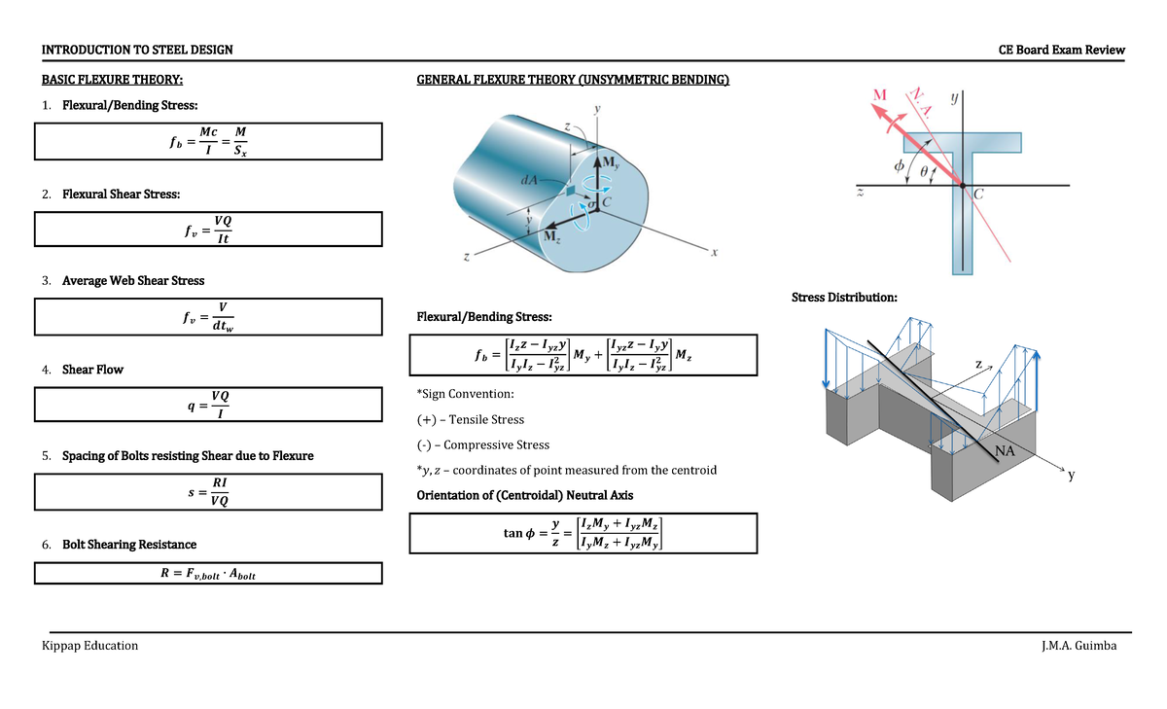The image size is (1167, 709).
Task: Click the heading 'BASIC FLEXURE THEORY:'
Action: (x=111, y=80)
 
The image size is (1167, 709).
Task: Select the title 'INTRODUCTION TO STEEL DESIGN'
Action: (x=136, y=50)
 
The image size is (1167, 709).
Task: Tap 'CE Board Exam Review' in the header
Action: (x=1061, y=50)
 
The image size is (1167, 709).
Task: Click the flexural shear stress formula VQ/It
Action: (x=207, y=230)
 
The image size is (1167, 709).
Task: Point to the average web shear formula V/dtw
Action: (x=207, y=316)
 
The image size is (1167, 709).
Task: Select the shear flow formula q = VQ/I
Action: (x=207, y=405)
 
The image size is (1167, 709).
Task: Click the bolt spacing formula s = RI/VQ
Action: (x=207, y=491)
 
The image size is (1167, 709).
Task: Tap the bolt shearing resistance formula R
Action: (x=207, y=574)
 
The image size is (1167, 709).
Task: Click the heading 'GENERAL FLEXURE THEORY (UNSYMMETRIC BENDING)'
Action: (x=572, y=80)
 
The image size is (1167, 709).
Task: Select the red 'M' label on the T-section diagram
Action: (x=880, y=94)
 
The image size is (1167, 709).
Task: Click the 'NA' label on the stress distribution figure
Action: (x=1006, y=449)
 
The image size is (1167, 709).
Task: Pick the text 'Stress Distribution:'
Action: (x=844, y=297)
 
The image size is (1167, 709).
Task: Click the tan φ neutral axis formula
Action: (x=583, y=533)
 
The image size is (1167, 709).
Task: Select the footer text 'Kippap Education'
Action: (x=89, y=646)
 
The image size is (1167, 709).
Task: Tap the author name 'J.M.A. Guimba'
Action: (x=1079, y=646)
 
